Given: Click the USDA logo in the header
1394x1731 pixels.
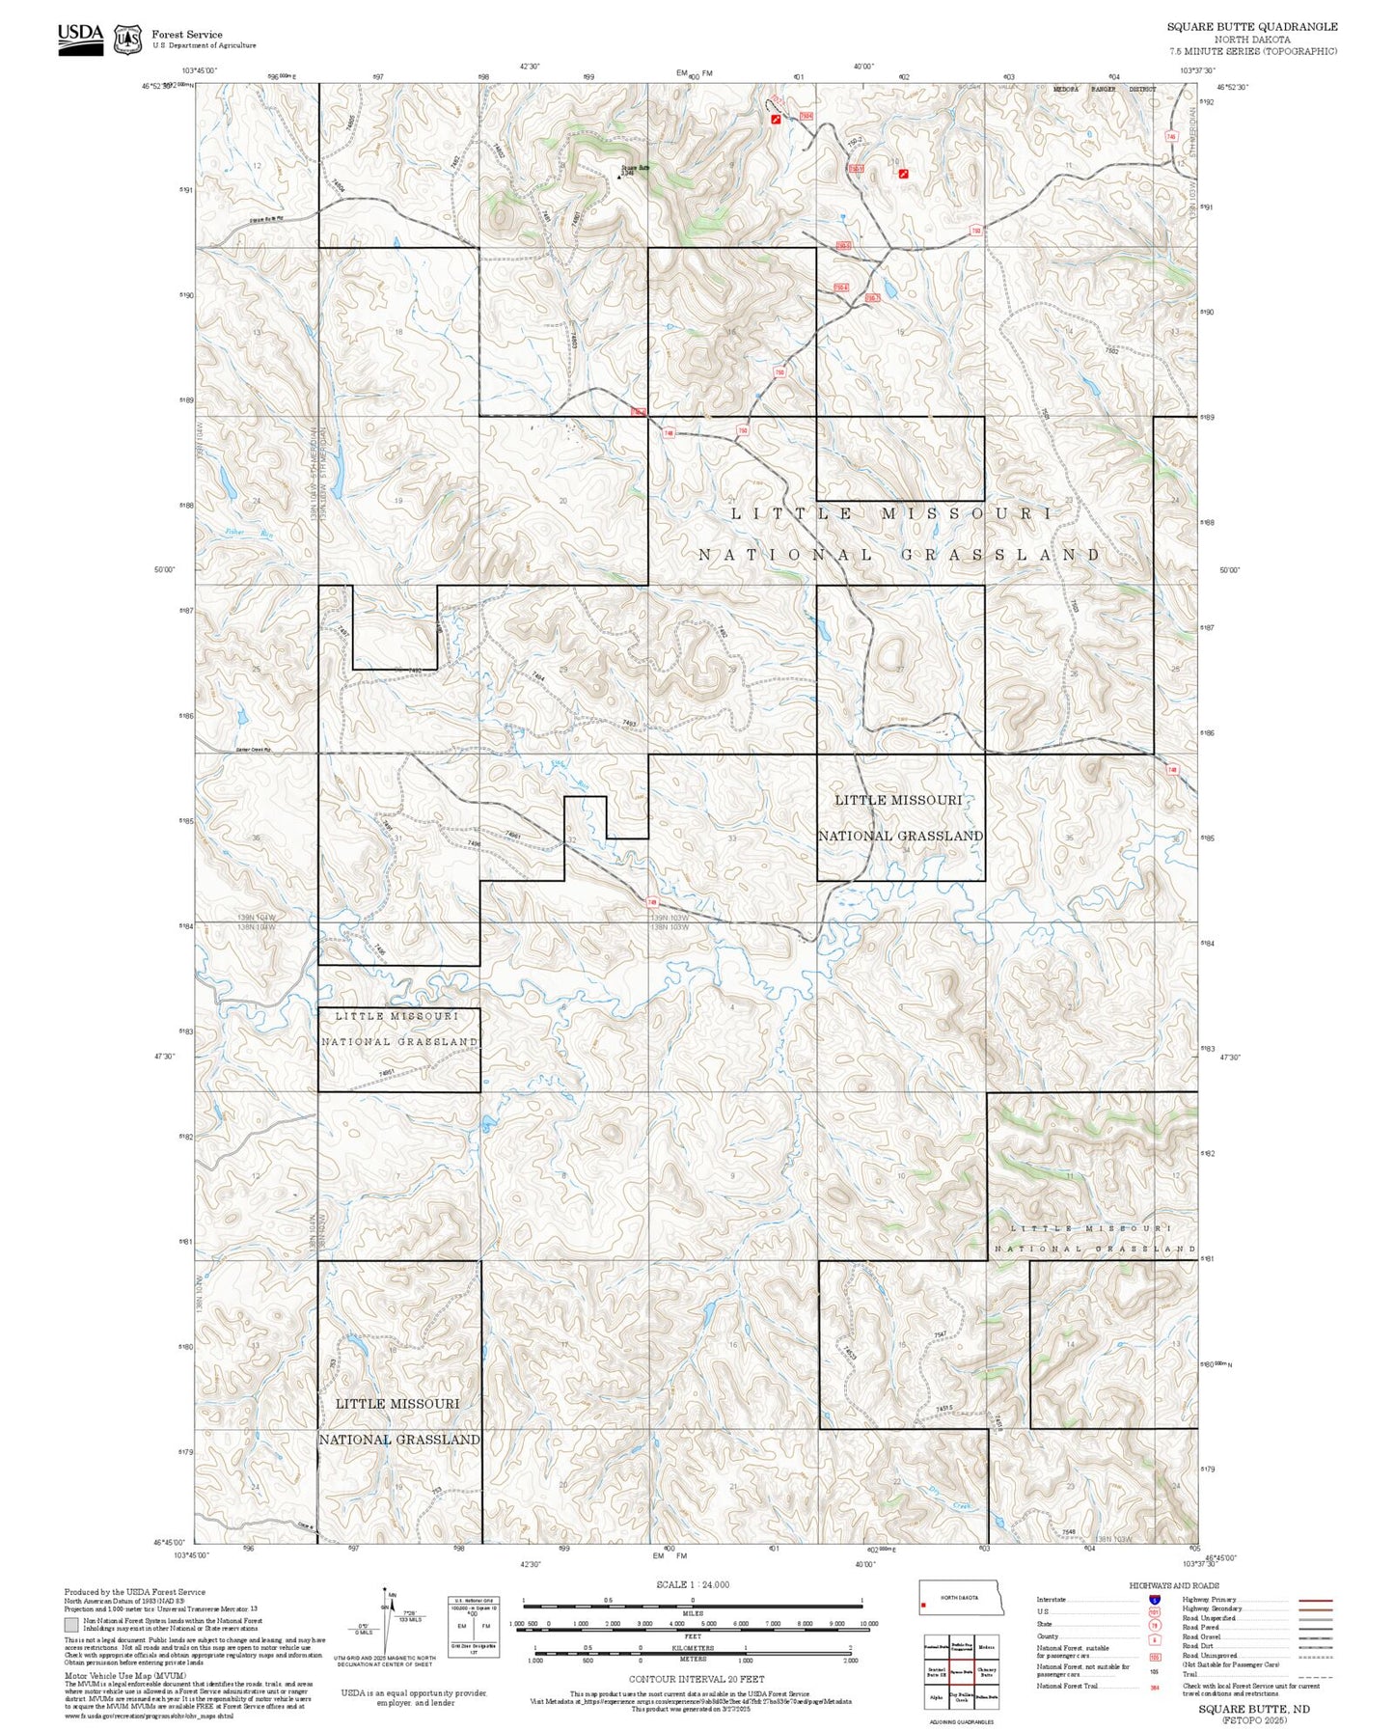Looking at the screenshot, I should point(80,39).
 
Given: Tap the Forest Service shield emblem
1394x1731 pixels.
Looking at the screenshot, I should point(127,39).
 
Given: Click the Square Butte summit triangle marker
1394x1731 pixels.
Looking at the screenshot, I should point(619,177).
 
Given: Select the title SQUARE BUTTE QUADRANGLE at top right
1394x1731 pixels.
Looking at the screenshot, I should point(1251,27).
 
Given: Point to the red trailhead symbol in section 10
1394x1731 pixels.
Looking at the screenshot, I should point(903,174).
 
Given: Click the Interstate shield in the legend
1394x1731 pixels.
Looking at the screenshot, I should point(1154,1599).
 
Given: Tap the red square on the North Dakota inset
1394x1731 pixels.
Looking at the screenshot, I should point(924,1606).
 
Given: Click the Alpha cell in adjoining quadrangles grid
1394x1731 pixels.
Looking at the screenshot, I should point(936,1695).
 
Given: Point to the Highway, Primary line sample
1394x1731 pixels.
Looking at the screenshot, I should point(1316,1599).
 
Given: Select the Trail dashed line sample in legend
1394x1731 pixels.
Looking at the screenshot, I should point(1316,1675).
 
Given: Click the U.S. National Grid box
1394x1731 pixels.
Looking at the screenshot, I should point(473,1626).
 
